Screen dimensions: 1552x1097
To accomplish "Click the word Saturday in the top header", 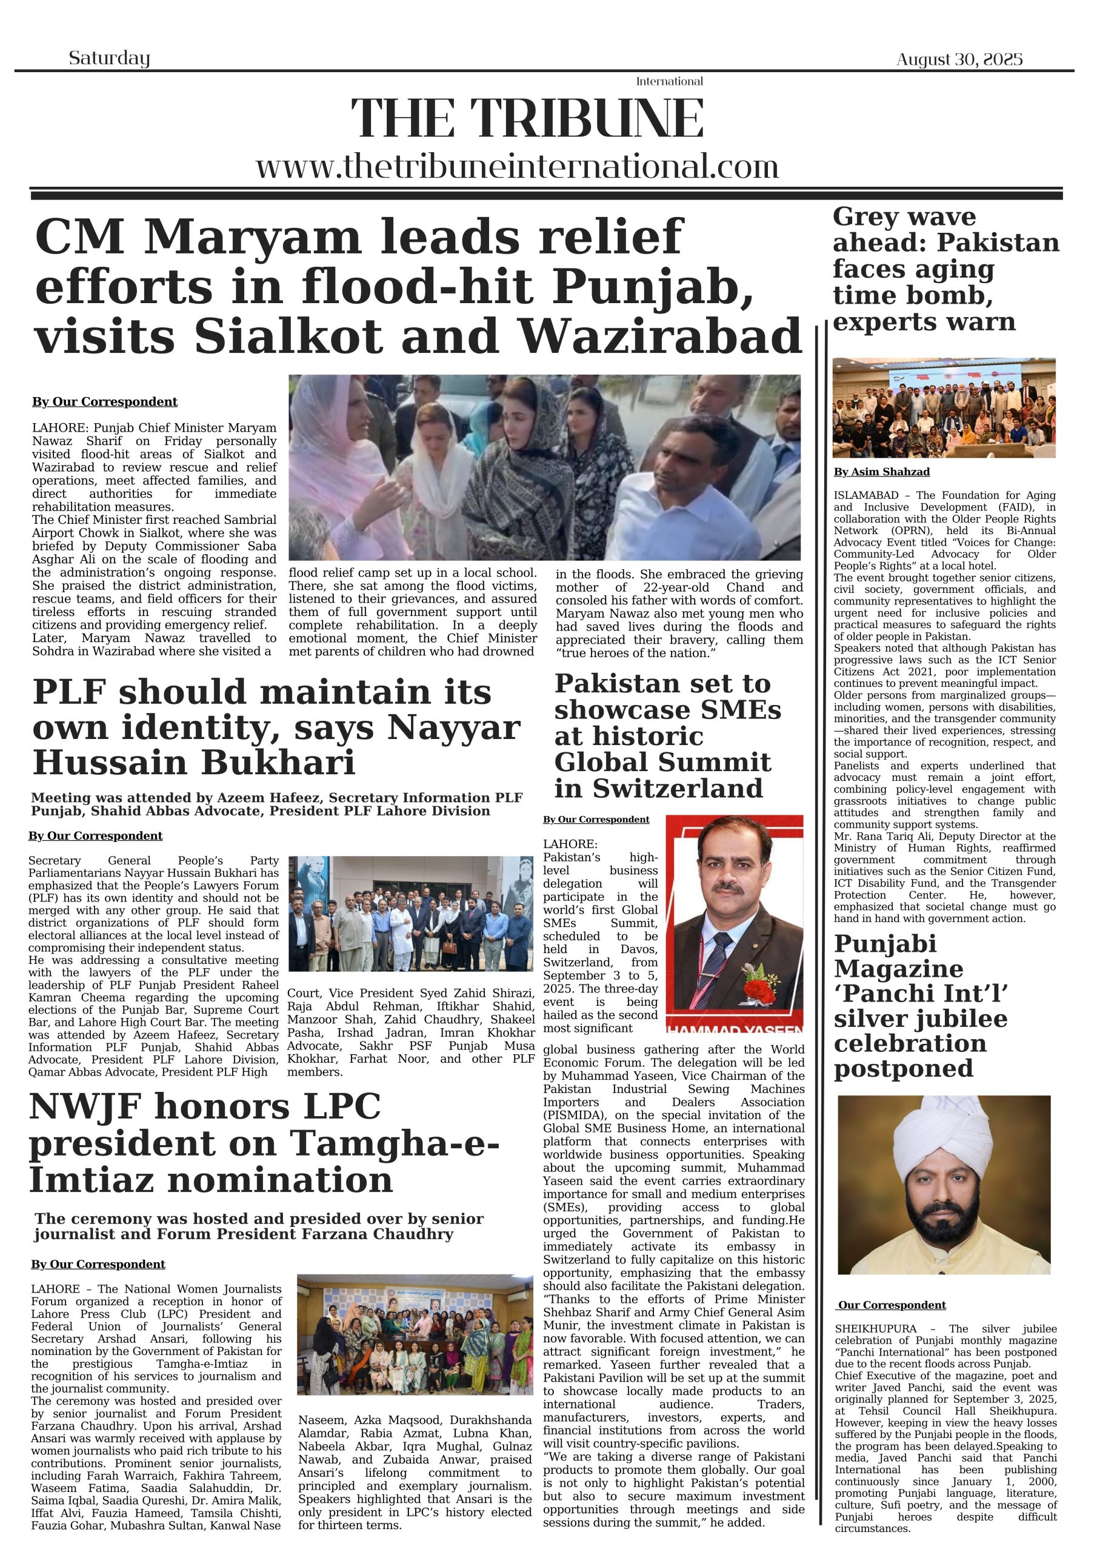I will click(109, 58).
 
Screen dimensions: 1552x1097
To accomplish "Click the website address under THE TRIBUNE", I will click(517, 166).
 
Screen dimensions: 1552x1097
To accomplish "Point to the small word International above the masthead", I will click(669, 81).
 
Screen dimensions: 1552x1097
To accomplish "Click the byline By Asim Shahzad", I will click(881, 472).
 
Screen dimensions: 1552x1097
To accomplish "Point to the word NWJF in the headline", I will click(86, 1107).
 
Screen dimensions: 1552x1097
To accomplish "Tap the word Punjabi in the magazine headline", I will click(885, 944).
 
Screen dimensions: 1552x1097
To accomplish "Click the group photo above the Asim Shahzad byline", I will click(944, 407).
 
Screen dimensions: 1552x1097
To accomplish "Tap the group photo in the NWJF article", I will click(415, 1334).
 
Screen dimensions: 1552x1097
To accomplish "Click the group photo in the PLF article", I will click(411, 913).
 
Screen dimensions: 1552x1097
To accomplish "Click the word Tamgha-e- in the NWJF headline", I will click(395, 1144).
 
